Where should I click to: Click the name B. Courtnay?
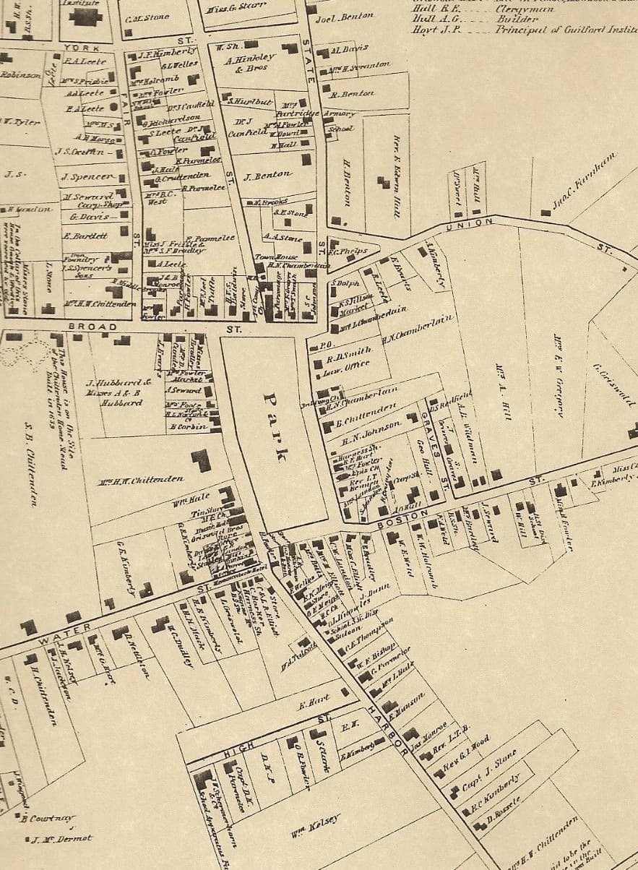(x=47, y=818)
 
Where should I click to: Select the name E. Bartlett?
(x=85, y=236)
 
